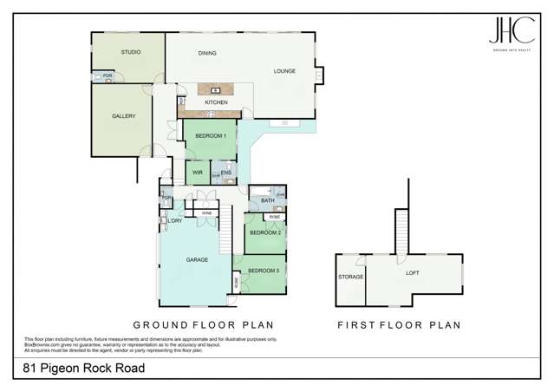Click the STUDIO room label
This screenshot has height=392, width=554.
pos(130,53)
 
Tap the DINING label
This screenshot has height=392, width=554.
pos(206,54)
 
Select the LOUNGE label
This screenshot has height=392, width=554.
pos(284,71)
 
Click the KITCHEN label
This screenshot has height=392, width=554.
pos(216,102)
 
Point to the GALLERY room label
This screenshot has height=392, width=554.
pos(124,116)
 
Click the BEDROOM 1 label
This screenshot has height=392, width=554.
pos(211,136)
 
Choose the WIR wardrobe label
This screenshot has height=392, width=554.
pos(198,173)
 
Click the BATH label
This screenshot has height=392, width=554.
pos(268,200)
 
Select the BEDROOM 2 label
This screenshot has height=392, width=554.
pos(264,232)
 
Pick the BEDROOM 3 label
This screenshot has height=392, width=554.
pos(264,271)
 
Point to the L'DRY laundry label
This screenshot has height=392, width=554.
pos(174,221)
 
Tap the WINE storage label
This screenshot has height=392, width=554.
pos(206,212)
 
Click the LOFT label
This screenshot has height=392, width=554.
pos(413,272)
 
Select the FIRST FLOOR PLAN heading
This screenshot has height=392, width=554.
pos(400,325)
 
